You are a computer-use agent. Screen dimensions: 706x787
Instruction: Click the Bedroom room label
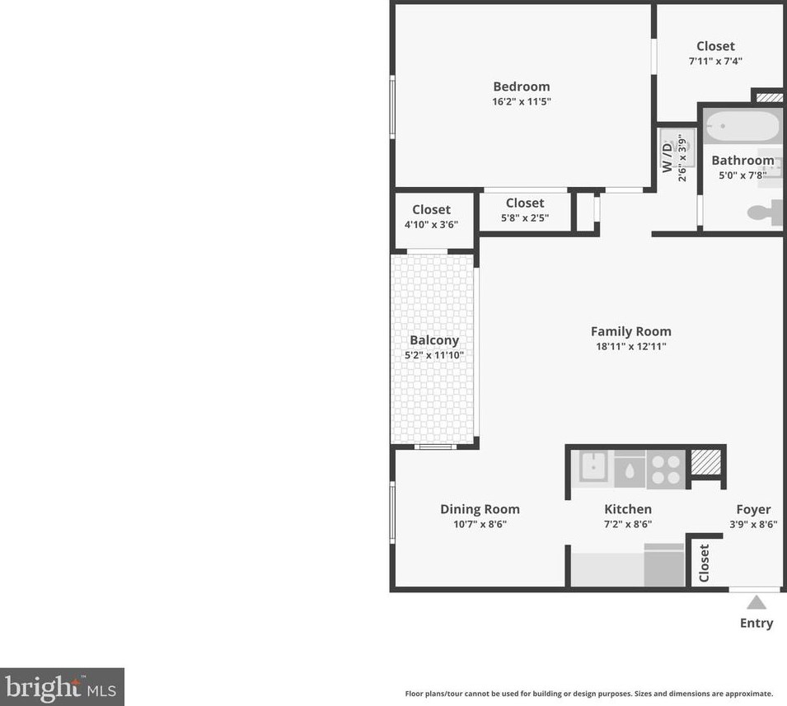click(x=521, y=86)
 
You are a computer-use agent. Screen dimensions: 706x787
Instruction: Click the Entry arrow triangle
click(x=756, y=603)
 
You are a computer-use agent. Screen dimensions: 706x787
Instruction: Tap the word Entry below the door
click(x=756, y=623)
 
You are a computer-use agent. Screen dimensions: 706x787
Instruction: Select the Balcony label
click(x=434, y=340)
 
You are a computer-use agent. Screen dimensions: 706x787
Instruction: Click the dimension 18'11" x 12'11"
click(x=630, y=347)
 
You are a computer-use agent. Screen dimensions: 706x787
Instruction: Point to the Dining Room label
click(x=480, y=509)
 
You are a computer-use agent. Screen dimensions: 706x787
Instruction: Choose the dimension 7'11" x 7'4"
click(x=714, y=62)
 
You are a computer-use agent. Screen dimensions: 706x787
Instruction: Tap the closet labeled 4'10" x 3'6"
click(x=432, y=217)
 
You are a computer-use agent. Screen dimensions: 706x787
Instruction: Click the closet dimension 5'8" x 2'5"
click(x=525, y=218)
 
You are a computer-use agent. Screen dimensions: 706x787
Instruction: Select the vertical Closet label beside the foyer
click(x=704, y=564)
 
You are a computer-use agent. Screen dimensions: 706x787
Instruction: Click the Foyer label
click(x=753, y=509)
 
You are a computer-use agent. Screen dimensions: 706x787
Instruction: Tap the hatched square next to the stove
click(x=705, y=463)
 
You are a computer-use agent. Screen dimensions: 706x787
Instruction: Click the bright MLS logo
click(x=62, y=686)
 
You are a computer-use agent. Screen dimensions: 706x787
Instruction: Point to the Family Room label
click(x=630, y=331)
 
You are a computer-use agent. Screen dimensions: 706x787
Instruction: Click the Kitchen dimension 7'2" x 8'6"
click(x=628, y=524)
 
